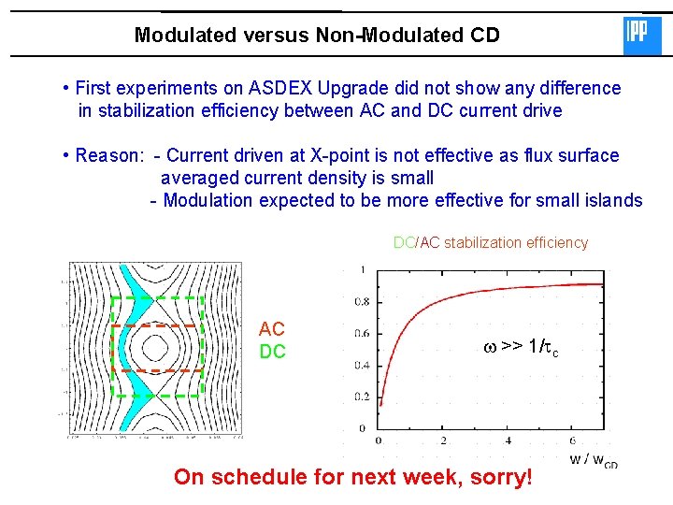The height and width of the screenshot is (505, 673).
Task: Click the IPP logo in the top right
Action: point(641,36)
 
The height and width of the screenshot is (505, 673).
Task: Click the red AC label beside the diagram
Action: point(272,329)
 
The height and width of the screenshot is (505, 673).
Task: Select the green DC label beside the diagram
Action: point(272,352)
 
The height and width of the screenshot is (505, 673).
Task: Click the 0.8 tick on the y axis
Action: point(361,302)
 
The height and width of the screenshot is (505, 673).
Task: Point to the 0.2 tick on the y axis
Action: point(361,397)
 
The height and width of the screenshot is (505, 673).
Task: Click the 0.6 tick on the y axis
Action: point(361,334)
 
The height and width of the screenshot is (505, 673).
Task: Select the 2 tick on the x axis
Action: point(443,440)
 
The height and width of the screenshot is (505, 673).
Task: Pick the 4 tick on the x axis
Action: point(508,440)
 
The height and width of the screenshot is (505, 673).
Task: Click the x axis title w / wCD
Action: point(593,459)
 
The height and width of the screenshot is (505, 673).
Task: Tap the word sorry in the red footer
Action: point(503,477)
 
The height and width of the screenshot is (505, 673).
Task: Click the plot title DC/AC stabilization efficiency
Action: point(491,243)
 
